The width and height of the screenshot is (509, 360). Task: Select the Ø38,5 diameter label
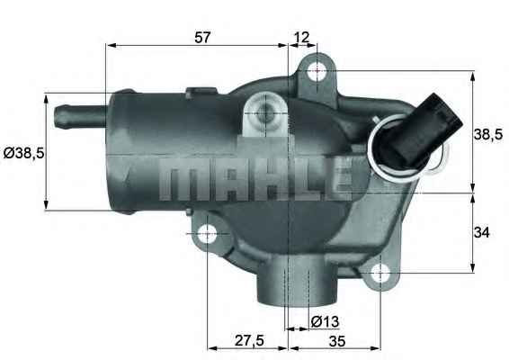point(23,153)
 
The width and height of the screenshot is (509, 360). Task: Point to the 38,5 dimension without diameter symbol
point(487,134)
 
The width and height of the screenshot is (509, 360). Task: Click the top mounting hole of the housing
point(317,71)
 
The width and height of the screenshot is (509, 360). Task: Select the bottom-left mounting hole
point(207,235)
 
